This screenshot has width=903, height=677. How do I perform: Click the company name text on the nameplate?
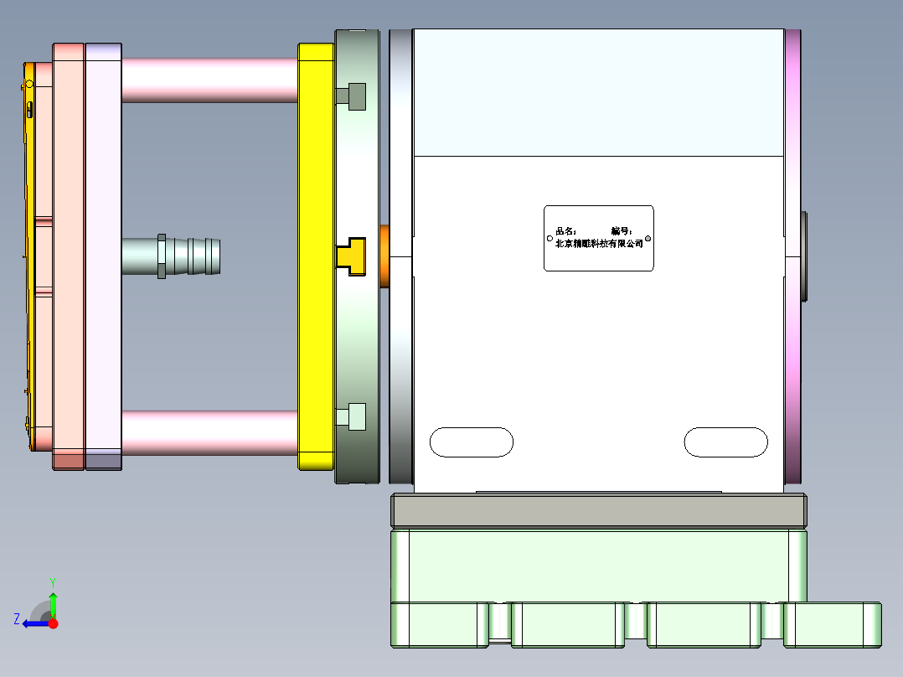(599, 244)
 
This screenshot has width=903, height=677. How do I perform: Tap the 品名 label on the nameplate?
(566, 231)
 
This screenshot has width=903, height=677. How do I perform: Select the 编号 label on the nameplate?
(621, 231)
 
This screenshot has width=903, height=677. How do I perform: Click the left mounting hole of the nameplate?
(550, 238)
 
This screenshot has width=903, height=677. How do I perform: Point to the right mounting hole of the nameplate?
(648, 240)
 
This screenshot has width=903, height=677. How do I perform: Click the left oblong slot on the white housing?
(471, 442)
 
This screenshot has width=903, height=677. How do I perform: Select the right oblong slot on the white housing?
(725, 442)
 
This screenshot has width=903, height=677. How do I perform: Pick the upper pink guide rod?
(209, 80)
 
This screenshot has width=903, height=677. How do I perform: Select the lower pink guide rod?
(209, 432)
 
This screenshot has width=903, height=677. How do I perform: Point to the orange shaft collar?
(384, 256)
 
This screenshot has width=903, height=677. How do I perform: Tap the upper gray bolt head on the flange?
(356, 97)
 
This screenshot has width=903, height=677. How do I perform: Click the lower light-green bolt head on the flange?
(356, 416)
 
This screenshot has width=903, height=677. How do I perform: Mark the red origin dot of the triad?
(53, 623)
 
